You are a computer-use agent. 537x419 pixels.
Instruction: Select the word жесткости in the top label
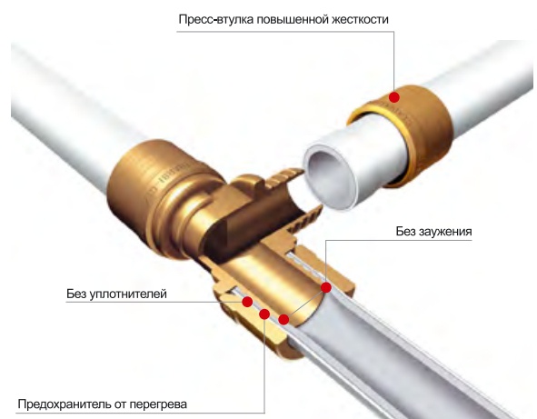coord(360,19)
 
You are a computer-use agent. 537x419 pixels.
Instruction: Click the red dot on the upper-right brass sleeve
coord(394,97)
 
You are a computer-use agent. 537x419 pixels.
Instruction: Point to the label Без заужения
coord(434,232)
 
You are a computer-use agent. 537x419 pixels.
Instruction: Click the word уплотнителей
coord(128,294)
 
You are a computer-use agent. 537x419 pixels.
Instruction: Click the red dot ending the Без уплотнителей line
coord(247,302)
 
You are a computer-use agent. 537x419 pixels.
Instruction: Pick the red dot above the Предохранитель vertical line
coord(264,314)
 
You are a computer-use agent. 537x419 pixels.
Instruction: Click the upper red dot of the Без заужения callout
coord(326,287)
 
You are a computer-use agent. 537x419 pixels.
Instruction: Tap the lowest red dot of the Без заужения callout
coord(283,320)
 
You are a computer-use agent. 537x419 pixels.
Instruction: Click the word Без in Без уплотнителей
coord(75,294)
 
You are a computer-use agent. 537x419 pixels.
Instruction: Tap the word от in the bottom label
coord(121,405)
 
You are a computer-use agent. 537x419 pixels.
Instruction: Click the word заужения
coord(445,232)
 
